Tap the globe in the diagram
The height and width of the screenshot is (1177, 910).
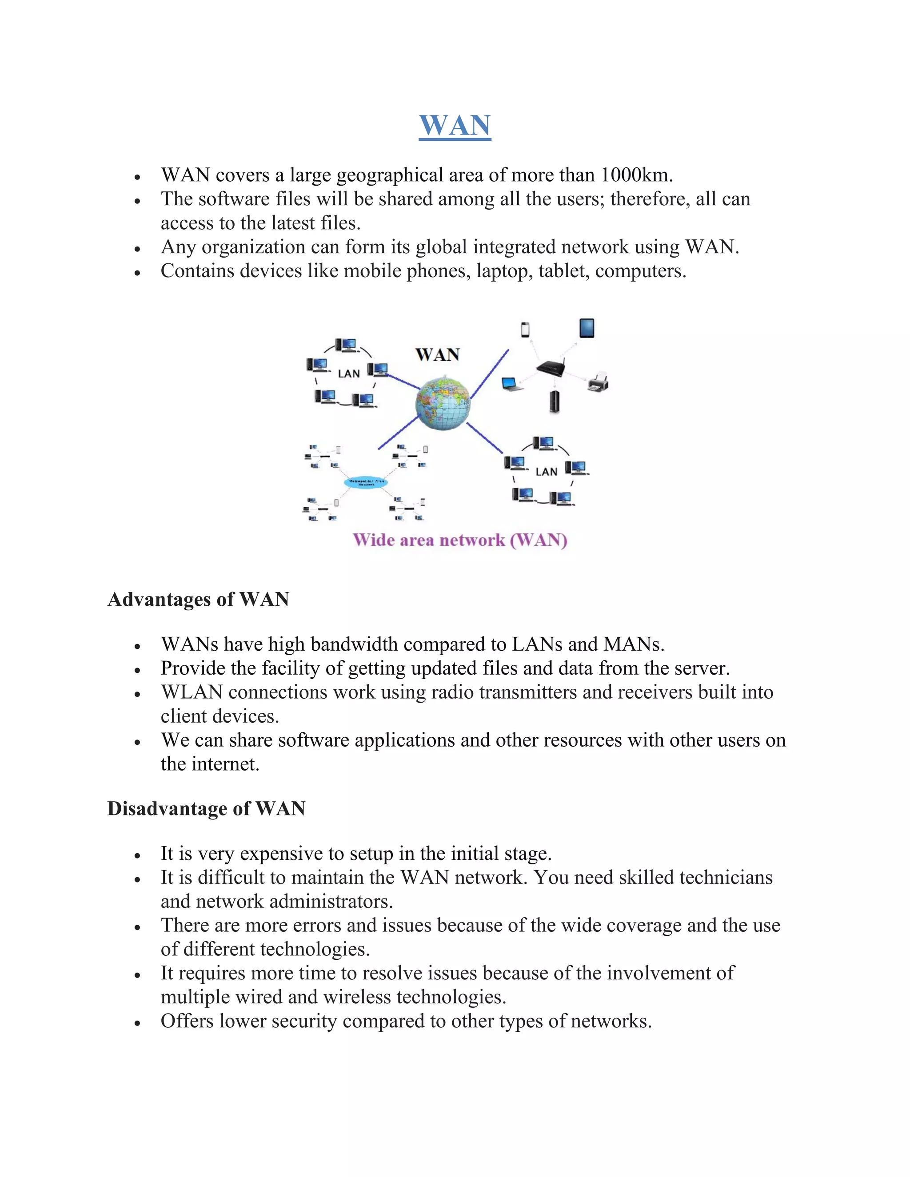tap(443, 403)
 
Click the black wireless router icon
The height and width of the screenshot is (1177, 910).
tap(551, 369)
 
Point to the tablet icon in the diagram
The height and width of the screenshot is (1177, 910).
tap(587, 328)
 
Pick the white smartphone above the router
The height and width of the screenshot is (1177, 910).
tap(525, 329)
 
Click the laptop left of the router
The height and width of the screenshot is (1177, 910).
tap(511, 384)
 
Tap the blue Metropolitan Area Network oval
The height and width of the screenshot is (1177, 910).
tap(366, 482)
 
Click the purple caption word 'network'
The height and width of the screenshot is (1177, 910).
tap(472, 540)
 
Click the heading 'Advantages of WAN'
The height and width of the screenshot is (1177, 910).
tap(198, 599)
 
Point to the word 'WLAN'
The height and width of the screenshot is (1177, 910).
tap(192, 692)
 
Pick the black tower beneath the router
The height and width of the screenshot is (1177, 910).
tap(554, 402)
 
